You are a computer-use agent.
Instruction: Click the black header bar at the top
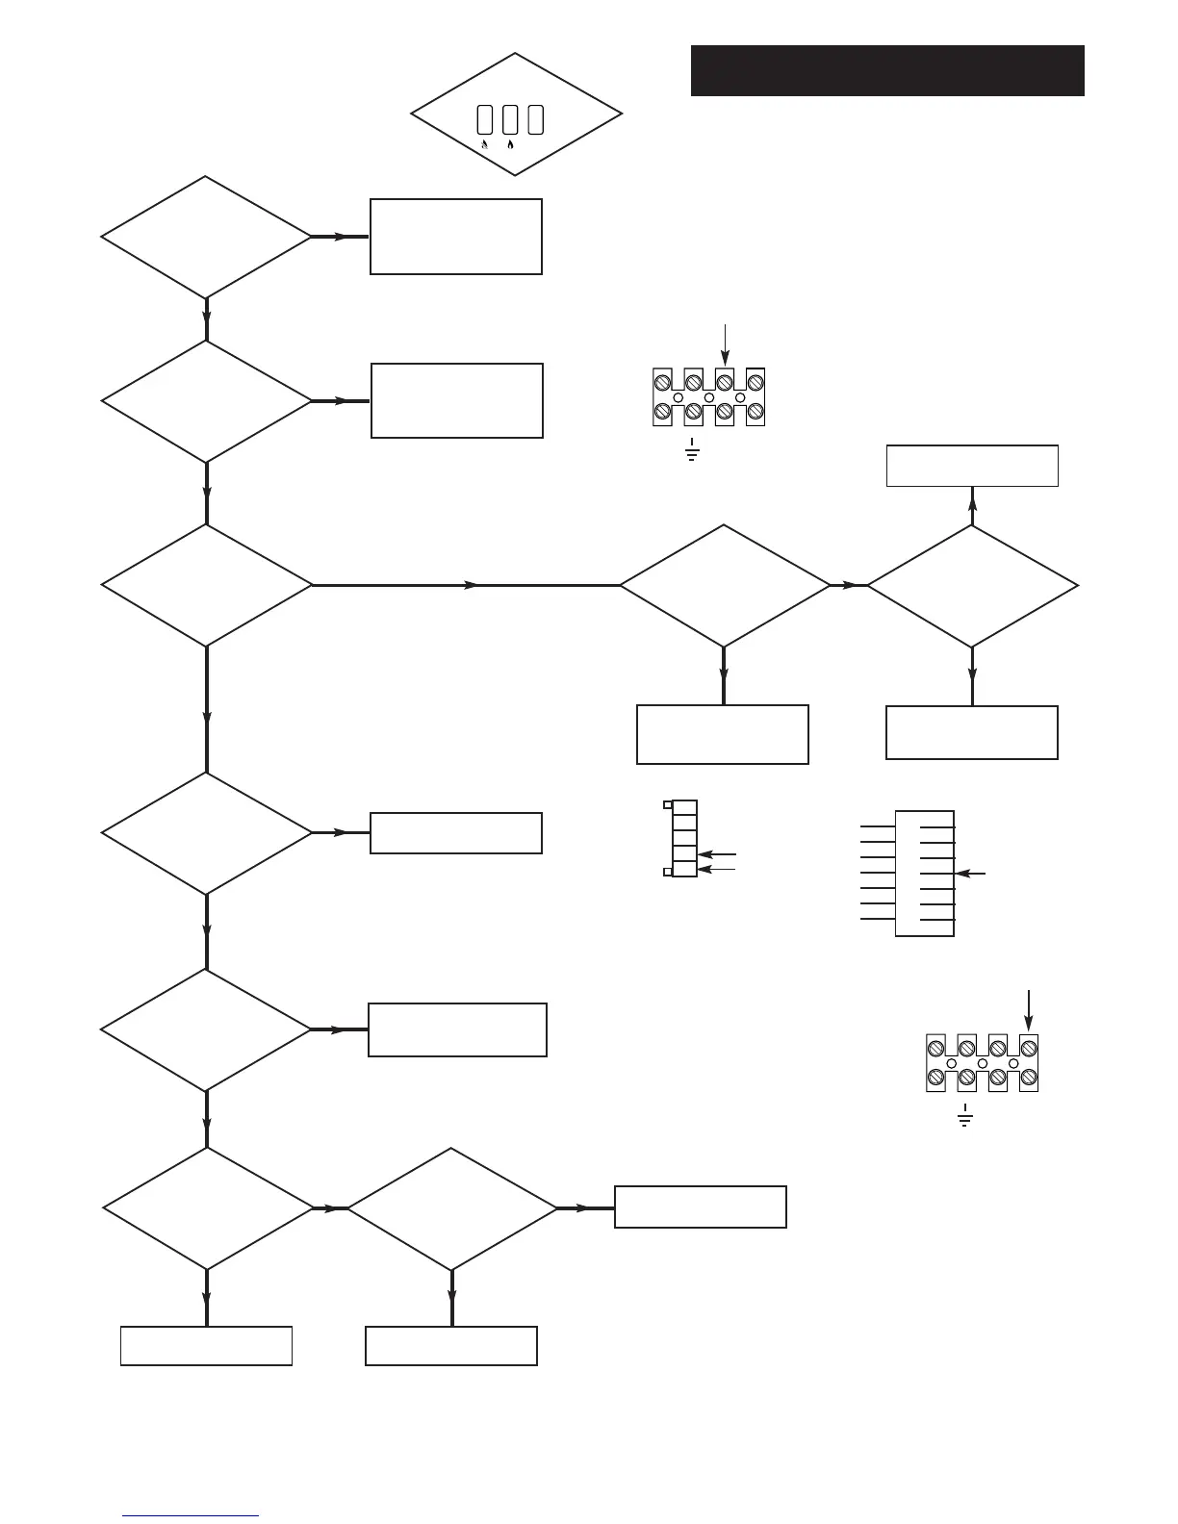(x=887, y=70)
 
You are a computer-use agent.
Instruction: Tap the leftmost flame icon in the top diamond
(x=485, y=144)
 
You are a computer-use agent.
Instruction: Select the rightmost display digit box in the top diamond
(x=536, y=119)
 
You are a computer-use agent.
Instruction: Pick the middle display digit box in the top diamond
(x=510, y=119)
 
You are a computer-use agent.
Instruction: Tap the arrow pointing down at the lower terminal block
(x=1029, y=1010)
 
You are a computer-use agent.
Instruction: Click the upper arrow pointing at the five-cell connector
(x=717, y=853)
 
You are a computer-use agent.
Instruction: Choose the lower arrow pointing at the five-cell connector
(x=717, y=869)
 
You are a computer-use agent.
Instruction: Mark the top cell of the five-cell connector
(x=684, y=807)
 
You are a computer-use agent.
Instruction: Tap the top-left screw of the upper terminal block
(x=662, y=382)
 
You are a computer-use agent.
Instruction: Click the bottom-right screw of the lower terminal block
(x=1028, y=1077)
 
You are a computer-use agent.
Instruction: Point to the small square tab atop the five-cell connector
(x=668, y=804)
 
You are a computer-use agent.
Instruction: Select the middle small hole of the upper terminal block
(x=709, y=397)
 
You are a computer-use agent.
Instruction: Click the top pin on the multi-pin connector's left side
(x=877, y=826)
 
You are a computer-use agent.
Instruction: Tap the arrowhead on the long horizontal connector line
(x=471, y=585)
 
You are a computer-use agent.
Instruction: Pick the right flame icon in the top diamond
(x=510, y=144)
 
